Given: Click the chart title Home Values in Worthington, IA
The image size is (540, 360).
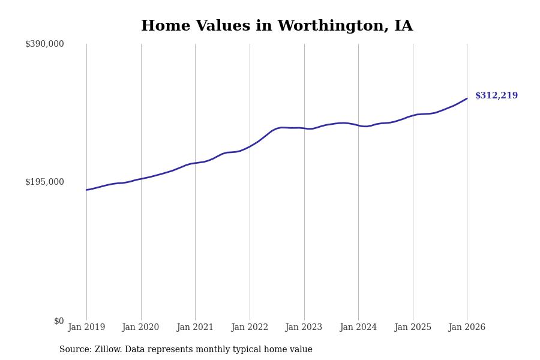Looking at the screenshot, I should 277,26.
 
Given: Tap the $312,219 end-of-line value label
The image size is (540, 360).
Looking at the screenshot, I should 496,96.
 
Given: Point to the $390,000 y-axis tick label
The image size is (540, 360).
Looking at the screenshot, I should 44,44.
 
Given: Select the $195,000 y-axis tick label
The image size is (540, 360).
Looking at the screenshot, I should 44,182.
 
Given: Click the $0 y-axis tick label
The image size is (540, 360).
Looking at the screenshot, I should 59,321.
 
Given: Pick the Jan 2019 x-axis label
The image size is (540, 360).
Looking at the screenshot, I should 86,328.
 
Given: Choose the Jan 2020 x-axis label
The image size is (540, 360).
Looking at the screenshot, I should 140,328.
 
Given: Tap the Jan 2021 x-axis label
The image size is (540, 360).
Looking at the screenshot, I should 195,328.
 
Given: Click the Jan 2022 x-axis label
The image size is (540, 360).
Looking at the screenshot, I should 250,328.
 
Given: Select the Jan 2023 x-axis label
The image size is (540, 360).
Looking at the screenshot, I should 304,328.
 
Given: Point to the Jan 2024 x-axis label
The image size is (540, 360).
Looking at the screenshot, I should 358,328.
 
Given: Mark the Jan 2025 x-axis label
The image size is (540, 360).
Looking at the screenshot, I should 413,328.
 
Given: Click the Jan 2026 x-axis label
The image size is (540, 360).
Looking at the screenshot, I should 467,328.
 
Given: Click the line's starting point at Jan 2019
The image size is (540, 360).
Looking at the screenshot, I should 86,190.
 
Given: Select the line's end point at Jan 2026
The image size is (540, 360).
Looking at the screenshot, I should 467,98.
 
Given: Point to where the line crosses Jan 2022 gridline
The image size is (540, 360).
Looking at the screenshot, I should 250,146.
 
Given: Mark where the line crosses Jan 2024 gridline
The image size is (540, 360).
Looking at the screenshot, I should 358,125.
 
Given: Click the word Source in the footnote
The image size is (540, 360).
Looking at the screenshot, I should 74,350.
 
